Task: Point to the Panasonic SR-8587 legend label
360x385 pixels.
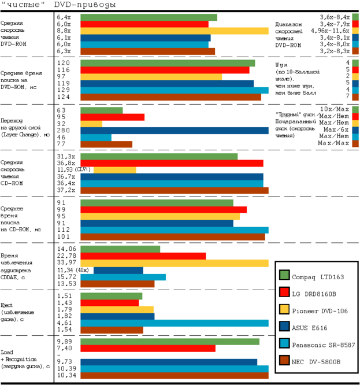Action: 323,345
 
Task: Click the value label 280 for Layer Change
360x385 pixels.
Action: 64,131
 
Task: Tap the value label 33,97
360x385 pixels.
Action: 67,263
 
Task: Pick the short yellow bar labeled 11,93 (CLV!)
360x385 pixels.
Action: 115,170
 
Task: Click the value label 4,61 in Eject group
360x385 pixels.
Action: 65,323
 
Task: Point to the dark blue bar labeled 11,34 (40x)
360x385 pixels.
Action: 118,270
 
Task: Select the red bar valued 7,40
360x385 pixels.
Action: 148,348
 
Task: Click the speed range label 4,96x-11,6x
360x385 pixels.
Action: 329,31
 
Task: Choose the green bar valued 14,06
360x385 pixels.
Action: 120,249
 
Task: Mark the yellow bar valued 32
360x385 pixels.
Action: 91,124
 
